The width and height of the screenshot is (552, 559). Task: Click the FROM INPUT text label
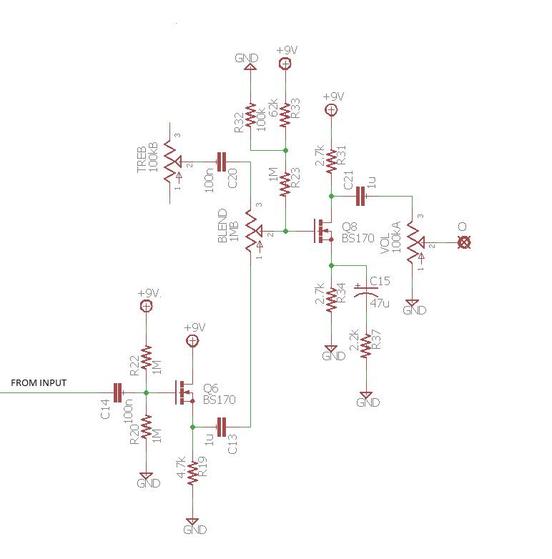pos(39,383)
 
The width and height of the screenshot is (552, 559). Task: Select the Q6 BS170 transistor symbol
pos(184,392)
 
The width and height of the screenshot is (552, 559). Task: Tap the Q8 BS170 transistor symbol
pos(323,231)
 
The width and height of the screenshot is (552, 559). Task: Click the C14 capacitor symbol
pos(117,392)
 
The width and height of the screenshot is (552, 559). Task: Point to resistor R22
pos(146,357)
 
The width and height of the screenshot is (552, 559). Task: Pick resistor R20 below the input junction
pos(146,427)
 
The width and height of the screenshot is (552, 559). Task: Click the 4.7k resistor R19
pos(192,473)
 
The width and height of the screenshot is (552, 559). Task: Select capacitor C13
pos(222,427)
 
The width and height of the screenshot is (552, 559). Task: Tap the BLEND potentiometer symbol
pos(253,231)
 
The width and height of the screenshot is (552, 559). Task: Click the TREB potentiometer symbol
pos(172,162)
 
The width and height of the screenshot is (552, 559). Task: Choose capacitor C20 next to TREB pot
pos(222,162)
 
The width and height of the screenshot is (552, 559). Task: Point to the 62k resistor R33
pos(285,115)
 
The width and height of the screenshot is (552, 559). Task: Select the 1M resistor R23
pos(285,184)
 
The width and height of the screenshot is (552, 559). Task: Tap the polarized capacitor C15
pos(366,290)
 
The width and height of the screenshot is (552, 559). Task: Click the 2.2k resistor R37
pos(366,346)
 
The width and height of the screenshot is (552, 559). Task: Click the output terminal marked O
pos(464,242)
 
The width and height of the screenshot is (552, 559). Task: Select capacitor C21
pos(360,196)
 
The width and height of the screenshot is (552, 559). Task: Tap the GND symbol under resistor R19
pos(192,523)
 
